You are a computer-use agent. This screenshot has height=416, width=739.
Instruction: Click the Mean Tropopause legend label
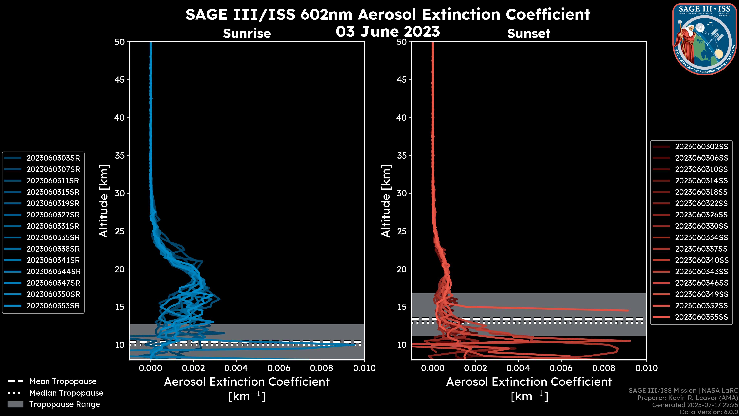click(63, 381)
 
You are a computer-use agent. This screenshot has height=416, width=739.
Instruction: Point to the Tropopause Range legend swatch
click(15, 404)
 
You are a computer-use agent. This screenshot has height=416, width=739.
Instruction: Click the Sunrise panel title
click(247, 34)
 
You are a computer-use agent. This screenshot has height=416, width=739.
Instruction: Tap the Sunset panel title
click(529, 34)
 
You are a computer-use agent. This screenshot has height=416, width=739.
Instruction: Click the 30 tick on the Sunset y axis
click(402, 193)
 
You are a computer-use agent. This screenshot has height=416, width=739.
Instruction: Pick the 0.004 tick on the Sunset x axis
click(518, 368)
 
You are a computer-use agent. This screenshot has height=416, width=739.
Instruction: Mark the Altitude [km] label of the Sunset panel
click(386, 201)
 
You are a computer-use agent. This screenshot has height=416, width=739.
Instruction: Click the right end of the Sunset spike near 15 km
click(628, 310)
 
